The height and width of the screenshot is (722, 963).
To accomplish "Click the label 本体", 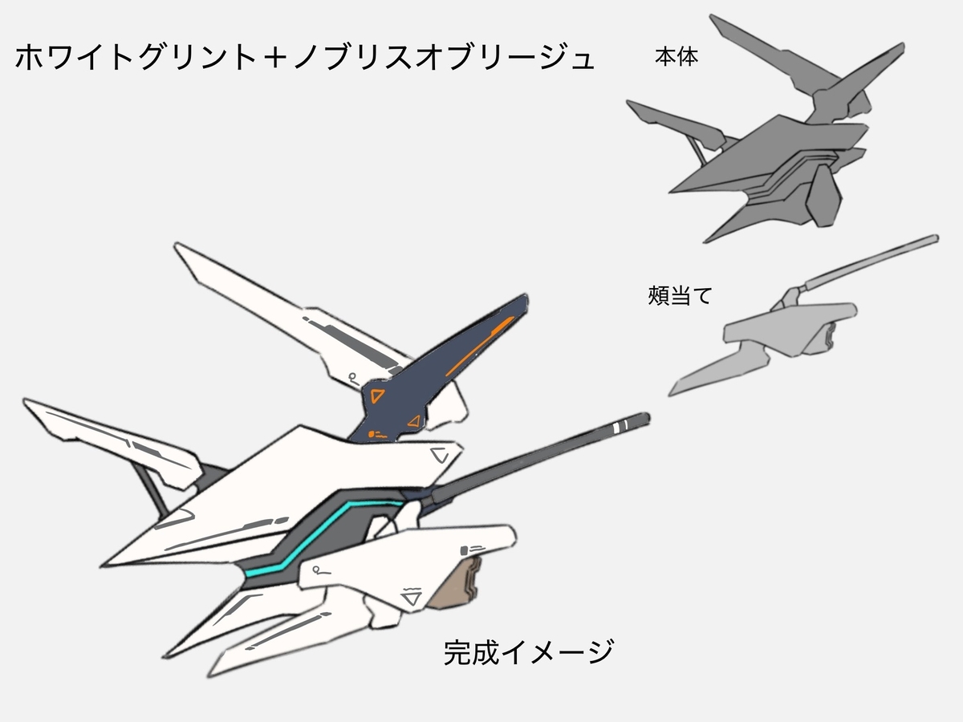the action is (676, 58).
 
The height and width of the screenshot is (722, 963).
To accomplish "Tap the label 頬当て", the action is (679, 295).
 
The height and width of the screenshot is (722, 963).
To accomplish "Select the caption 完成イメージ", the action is (528, 652).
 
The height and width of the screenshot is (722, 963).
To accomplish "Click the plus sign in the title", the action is (276, 57).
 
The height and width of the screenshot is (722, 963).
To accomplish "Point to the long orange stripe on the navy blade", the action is (480, 346).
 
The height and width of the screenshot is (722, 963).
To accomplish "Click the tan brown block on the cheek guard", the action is (454, 582).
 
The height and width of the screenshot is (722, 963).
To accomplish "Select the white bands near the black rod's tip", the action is (621, 426).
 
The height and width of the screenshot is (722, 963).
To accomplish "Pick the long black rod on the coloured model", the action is (539, 458).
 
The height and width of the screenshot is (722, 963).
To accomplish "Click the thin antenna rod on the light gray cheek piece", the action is (871, 262).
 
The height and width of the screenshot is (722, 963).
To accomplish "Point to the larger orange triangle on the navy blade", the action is (376, 395).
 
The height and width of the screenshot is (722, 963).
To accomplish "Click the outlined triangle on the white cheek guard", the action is (412, 598).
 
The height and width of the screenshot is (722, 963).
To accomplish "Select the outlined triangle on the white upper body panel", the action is (439, 455).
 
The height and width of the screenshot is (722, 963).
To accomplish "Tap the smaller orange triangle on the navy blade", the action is (414, 422).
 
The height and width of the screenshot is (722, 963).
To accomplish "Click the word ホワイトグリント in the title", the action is (136, 57).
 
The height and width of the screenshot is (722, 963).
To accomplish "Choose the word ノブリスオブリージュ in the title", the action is (445, 57).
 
